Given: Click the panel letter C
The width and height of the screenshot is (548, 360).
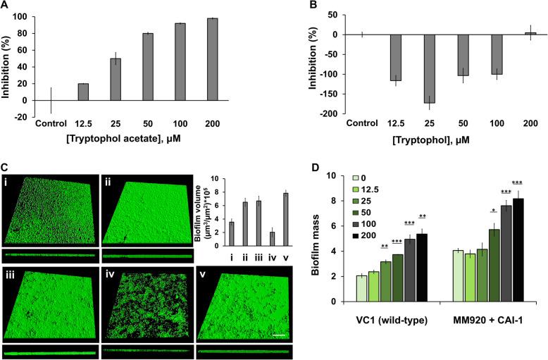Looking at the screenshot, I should (5, 168).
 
